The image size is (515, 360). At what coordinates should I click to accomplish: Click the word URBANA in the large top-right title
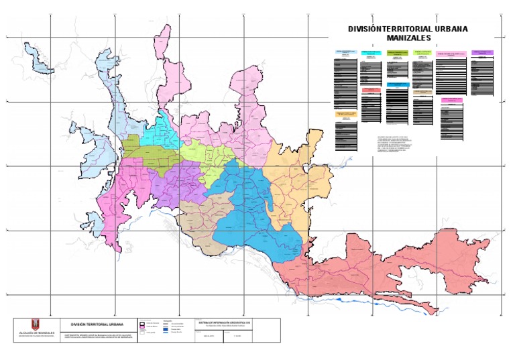445,29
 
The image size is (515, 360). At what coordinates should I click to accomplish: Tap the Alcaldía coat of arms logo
37,324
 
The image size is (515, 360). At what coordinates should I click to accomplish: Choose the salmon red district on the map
389,268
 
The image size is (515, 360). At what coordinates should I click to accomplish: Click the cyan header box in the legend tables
371,52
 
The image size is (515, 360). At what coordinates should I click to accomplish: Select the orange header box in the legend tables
347,115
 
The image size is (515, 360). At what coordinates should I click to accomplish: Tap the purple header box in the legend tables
482,52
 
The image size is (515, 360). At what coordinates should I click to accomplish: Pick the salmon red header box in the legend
371,89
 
